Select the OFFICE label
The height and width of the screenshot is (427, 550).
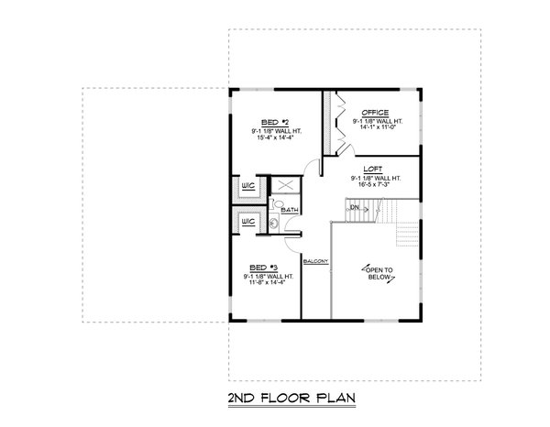[376, 113]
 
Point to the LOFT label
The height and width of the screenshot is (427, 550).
[372, 170]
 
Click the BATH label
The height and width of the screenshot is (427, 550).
[290, 211]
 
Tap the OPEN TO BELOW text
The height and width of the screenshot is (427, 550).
[377, 273]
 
